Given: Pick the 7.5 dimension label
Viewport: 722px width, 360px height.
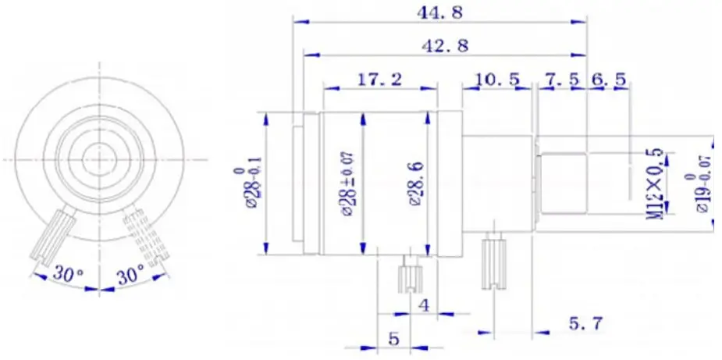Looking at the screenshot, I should click(559, 79).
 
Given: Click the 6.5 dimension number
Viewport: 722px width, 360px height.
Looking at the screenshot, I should click(608, 79).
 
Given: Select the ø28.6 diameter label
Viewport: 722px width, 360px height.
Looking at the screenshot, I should click(415, 184).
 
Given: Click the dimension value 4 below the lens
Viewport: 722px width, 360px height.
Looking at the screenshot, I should click(424, 305).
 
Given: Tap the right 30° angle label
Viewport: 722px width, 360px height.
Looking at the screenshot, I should click(129, 275).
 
